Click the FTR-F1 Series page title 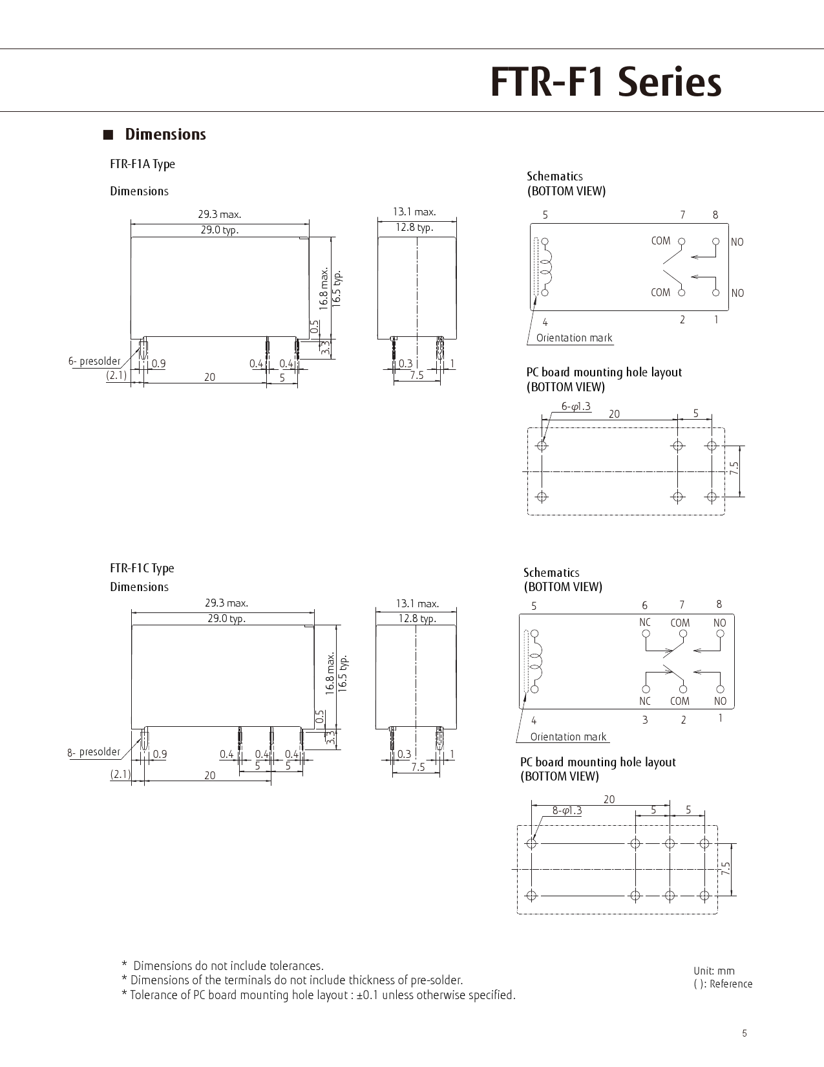(x=606, y=82)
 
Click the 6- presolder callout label (x=94, y=361)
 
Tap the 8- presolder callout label (x=94, y=752)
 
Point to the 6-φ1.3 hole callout (x=576, y=406)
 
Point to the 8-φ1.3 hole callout (x=567, y=810)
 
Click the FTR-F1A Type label (x=142, y=164)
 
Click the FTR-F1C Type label (x=142, y=568)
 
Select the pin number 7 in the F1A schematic (x=682, y=215)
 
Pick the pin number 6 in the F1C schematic (x=644, y=605)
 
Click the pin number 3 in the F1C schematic (x=645, y=720)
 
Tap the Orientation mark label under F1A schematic (x=574, y=338)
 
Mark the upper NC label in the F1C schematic (x=645, y=622)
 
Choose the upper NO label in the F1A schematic (x=737, y=242)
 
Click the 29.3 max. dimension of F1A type (x=220, y=214)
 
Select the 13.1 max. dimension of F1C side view (x=417, y=603)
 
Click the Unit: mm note (x=714, y=971)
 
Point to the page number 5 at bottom (x=745, y=1033)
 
